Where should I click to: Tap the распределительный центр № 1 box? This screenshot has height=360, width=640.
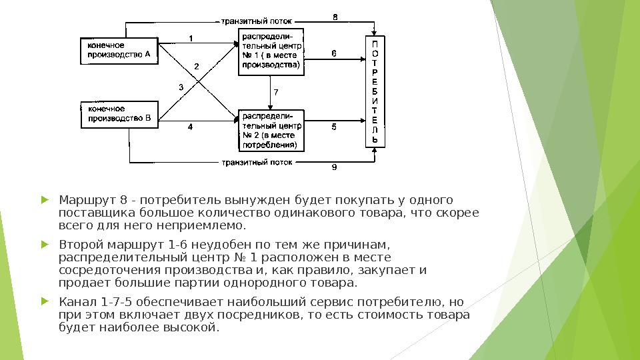tap(271, 51)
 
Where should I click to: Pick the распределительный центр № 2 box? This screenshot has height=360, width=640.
tap(271, 130)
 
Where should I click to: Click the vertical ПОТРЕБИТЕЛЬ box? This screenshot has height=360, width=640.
tap(375, 91)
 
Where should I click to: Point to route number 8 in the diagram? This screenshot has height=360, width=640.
tap(335, 17)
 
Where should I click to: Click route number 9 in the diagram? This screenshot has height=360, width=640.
tap(335, 167)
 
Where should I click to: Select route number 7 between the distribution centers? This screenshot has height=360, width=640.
tap(276, 91)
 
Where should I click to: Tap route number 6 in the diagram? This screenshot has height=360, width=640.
tap(334, 53)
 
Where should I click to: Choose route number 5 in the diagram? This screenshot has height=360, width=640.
tap(334, 125)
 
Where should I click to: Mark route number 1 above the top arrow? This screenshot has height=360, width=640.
tap(191, 38)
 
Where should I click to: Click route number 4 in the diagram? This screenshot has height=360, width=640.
tap(189, 126)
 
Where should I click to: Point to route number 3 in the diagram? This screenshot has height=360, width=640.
tap(181, 87)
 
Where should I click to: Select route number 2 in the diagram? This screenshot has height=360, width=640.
tap(197, 66)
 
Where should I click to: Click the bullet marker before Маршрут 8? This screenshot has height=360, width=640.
tap(45, 200)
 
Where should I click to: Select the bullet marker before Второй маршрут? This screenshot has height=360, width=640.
tap(45, 244)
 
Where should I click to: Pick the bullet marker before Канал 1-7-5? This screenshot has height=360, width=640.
tap(45, 301)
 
